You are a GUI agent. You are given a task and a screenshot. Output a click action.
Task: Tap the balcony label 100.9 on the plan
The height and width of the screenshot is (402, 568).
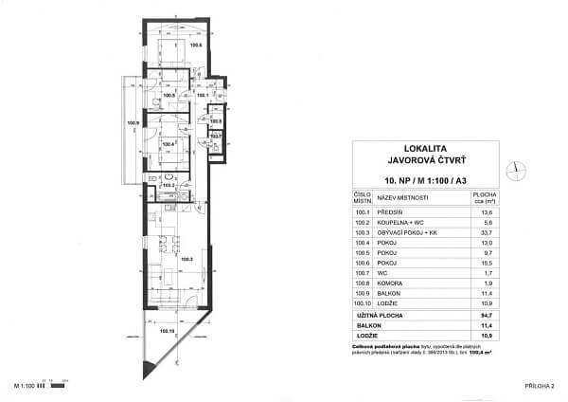[133, 122]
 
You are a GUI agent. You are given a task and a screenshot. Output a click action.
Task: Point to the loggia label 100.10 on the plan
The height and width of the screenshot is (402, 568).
[168, 332]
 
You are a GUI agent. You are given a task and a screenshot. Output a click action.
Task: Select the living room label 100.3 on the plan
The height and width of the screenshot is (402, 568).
[186, 259]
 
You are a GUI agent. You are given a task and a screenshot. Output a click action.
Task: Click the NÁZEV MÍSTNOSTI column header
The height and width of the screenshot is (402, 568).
[402, 197]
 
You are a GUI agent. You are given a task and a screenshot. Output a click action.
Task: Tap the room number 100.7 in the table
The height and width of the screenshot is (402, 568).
[360, 271]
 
